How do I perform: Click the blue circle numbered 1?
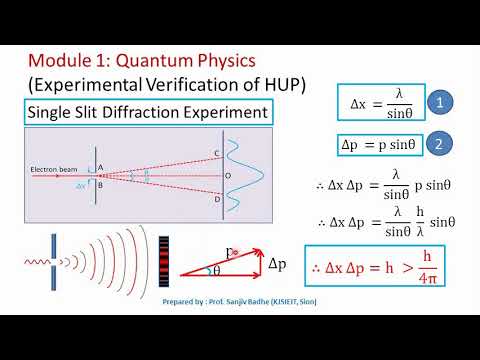pyautogui.click(x=440, y=102)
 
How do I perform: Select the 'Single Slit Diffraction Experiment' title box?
pyautogui.click(x=149, y=113)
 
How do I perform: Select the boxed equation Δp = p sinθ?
pyautogui.click(x=379, y=144)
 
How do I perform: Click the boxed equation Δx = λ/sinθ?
pyautogui.click(x=378, y=102)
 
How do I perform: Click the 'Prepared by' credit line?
pyautogui.click(x=240, y=297)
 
